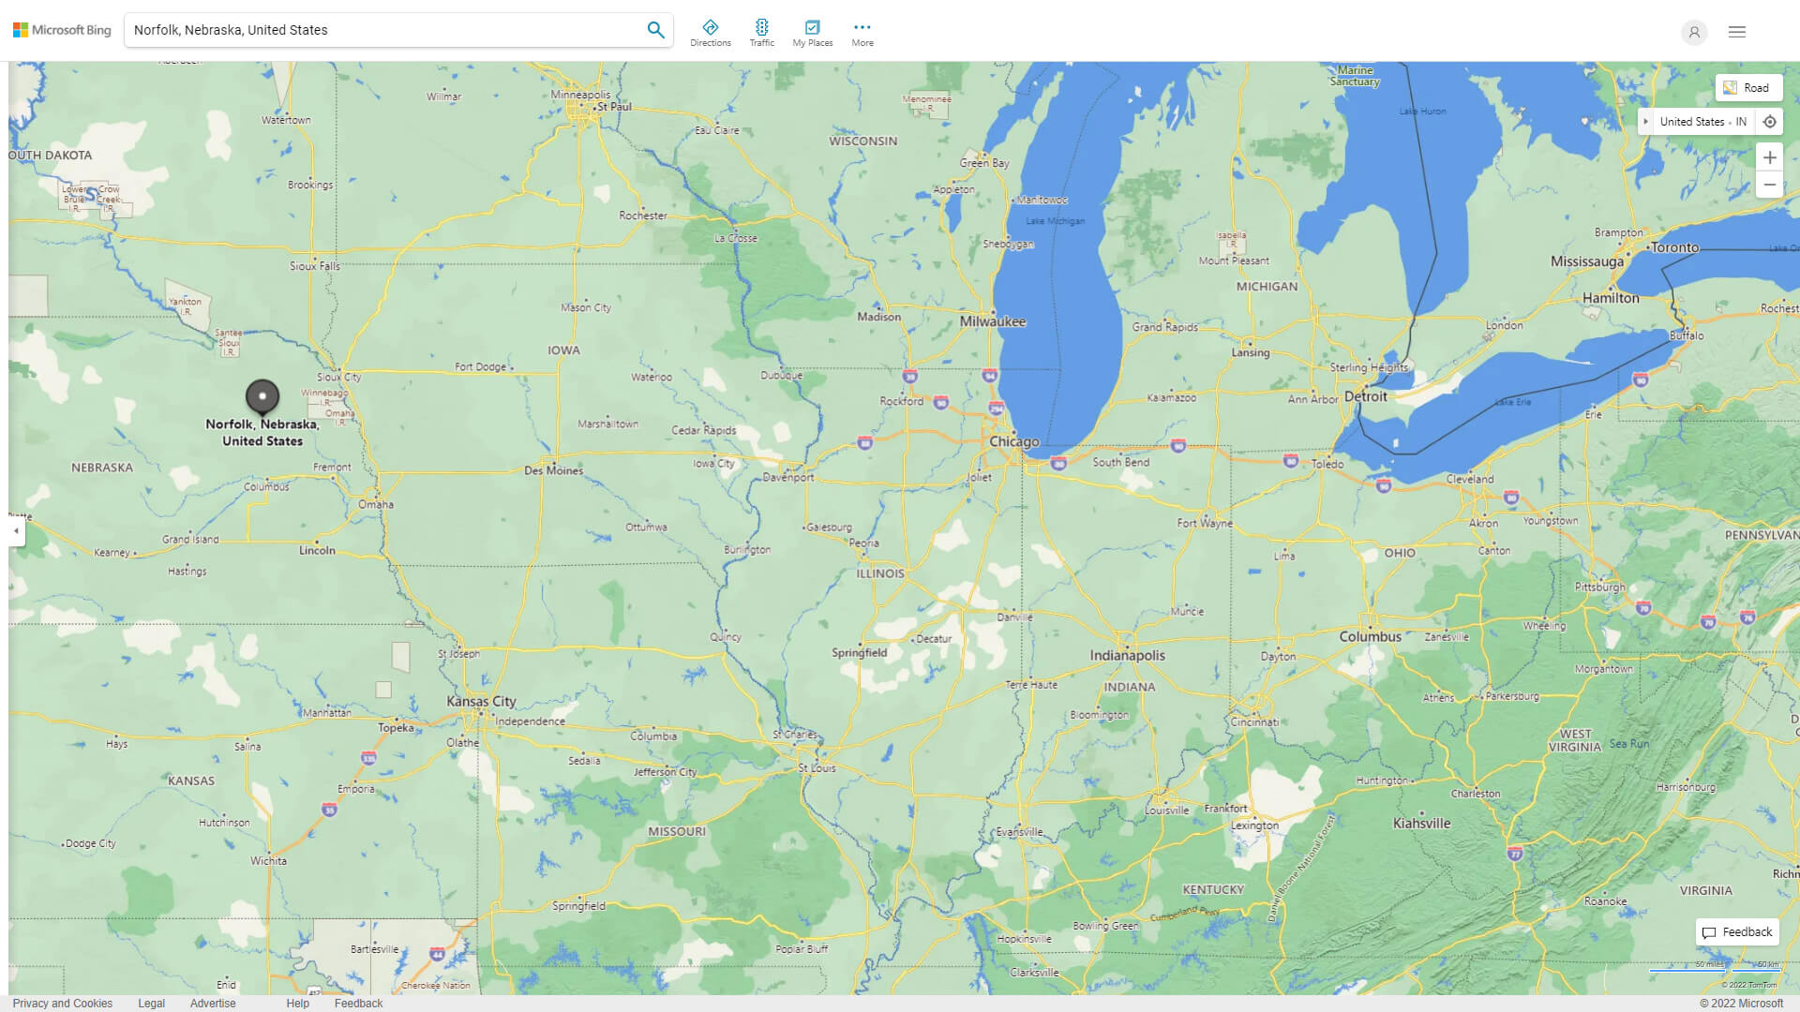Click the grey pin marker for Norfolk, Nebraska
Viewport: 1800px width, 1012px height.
point(262,397)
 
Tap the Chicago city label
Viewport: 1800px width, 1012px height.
point(1013,441)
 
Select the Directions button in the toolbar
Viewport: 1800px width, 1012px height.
point(710,32)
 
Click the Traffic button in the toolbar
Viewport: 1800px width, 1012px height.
point(761,32)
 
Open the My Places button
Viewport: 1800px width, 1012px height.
point(812,32)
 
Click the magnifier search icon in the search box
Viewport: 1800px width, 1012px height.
point(655,30)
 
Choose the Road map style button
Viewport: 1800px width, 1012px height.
point(1747,88)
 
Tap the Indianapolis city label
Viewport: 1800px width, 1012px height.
point(1127,656)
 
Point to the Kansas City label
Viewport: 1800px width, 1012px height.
point(481,701)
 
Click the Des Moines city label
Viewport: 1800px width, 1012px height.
point(553,470)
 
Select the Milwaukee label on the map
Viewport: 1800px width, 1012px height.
point(993,321)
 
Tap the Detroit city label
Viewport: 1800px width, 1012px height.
point(1365,396)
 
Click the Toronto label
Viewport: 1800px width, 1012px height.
point(1674,248)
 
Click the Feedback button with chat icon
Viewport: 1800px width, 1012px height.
point(1737,932)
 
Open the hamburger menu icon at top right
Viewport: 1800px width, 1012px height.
point(1737,32)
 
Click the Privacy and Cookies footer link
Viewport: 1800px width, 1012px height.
point(63,1003)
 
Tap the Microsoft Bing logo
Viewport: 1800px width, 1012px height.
point(62,30)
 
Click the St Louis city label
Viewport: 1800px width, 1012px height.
point(817,768)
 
